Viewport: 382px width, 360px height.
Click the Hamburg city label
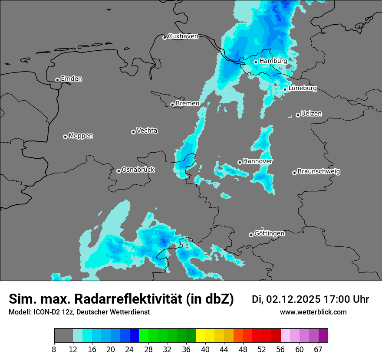pyautogui.click(x=273, y=61)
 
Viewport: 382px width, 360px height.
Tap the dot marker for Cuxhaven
pyautogui.click(x=165, y=38)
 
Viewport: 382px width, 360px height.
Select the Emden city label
pyautogui.click(x=71, y=79)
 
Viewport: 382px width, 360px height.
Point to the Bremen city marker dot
pyautogui.click(x=172, y=105)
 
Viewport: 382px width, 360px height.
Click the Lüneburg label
pyautogui.click(x=303, y=88)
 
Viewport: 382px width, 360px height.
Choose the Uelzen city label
pyautogui.click(x=311, y=114)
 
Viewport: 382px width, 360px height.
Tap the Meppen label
pyautogui.click(x=81, y=136)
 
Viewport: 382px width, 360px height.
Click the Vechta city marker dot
pyautogui.click(x=133, y=132)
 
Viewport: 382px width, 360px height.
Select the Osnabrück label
pyautogui.click(x=138, y=170)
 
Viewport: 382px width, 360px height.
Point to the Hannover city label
pyautogui.click(x=257, y=161)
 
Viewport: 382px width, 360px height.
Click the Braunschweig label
pyautogui.click(x=319, y=172)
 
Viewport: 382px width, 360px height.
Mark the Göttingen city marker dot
pyautogui.click(x=251, y=235)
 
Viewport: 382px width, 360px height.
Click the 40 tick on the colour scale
pyautogui.click(x=205, y=349)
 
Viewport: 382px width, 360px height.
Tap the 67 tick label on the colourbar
pyautogui.click(x=318, y=349)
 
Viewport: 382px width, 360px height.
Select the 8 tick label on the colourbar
pyautogui.click(x=54, y=349)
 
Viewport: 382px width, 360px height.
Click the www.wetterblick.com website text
pyautogui.click(x=313, y=312)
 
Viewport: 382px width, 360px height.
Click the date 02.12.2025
pyautogui.click(x=293, y=299)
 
